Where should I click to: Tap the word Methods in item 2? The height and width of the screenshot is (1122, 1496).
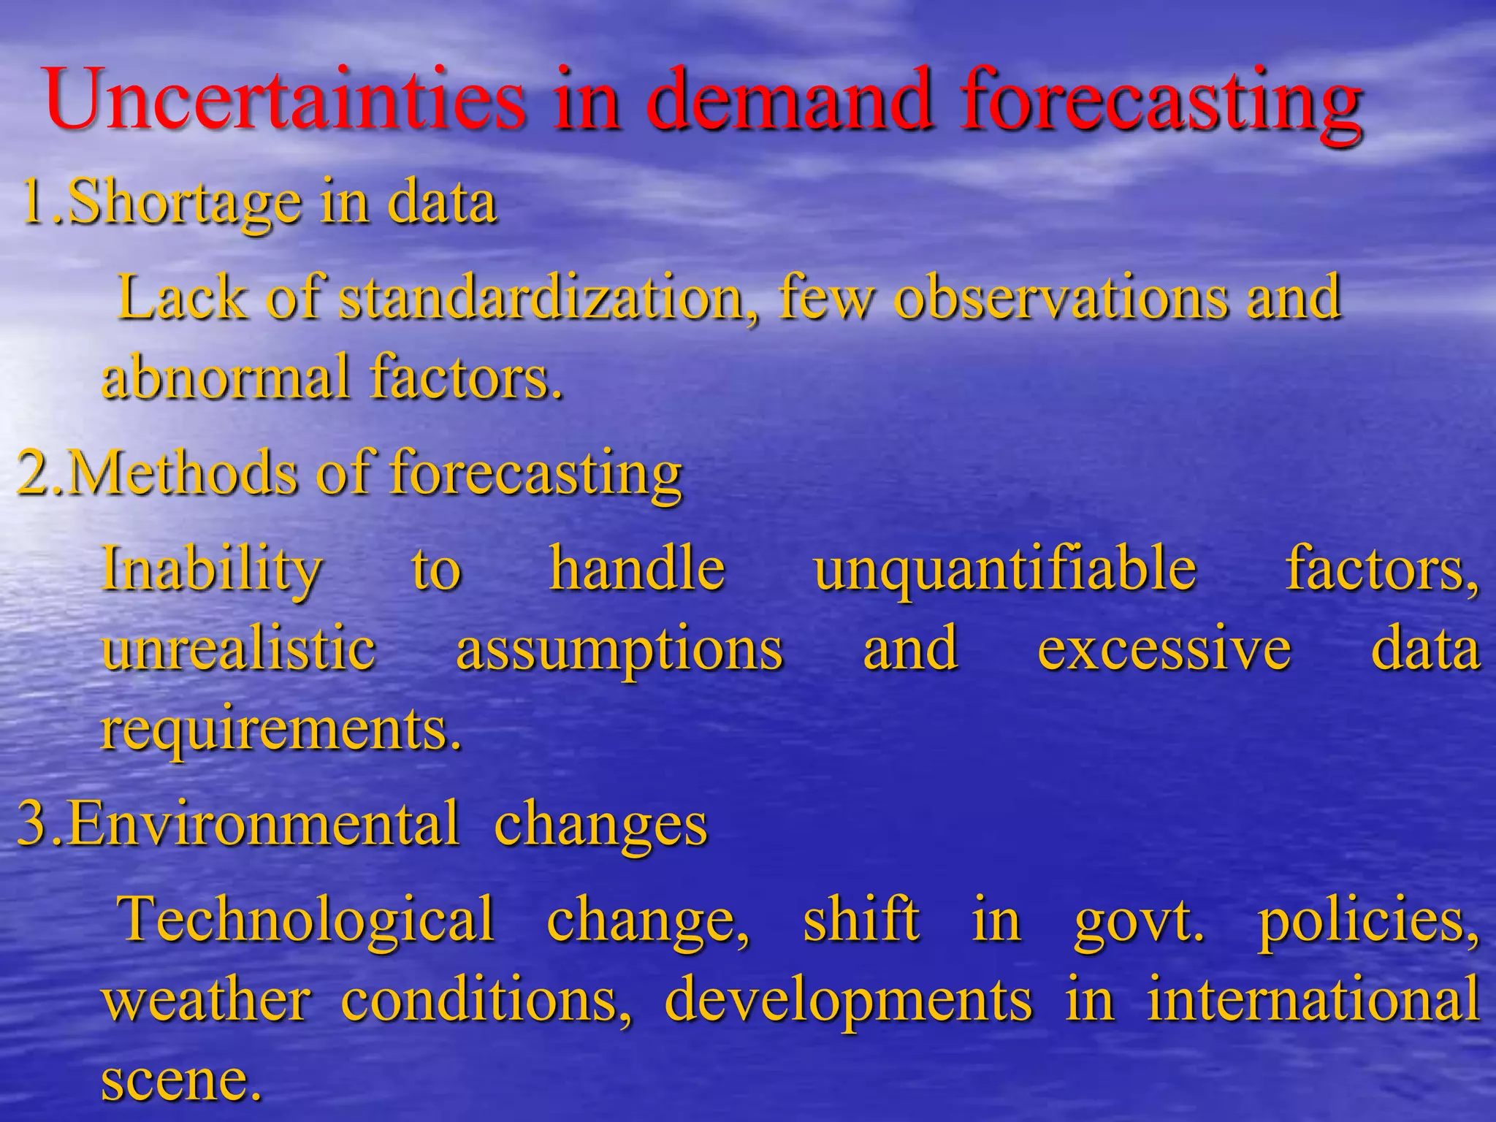tap(183, 473)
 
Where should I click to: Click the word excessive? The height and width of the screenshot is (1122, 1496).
tap(1164, 649)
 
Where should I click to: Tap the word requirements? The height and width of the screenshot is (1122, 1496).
tap(281, 729)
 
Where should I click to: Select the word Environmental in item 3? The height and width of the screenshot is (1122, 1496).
tap(263, 823)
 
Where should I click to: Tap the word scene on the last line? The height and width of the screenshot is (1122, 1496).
tap(179, 1080)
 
